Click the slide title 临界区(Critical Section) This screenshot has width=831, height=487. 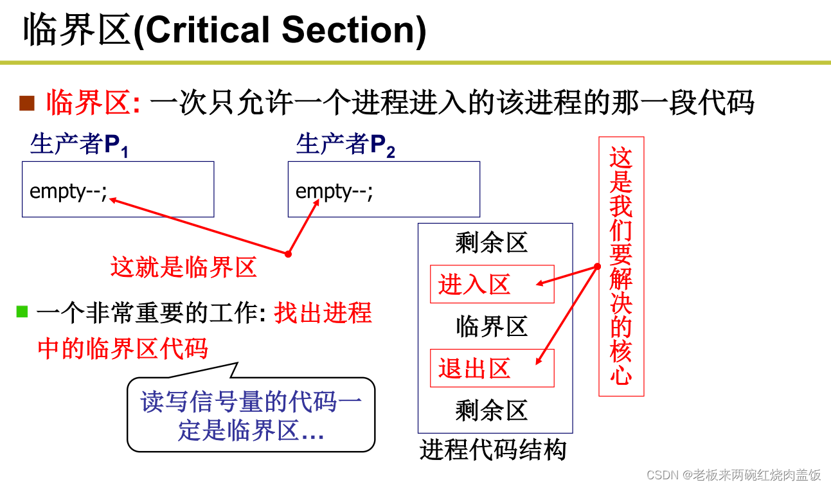pos(225,31)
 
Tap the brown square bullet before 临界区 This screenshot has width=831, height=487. pos(26,103)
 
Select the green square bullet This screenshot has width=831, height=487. pos(22,312)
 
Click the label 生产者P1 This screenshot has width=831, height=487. pos(79,145)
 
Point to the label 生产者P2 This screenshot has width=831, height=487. pos(345,145)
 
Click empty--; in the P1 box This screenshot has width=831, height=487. pos(68,191)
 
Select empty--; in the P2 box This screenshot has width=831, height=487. pos(334,191)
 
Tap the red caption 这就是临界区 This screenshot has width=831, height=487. pos(184,267)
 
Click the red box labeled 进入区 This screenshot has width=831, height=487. pos(492,284)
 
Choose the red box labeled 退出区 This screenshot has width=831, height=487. pos(492,368)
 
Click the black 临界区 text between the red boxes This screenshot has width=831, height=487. pos(492,326)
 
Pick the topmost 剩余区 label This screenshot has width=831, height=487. pos(492,243)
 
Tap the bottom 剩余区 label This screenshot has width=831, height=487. pos(492,410)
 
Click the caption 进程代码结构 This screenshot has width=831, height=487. pos(493,450)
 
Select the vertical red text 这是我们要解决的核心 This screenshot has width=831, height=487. pos(621,266)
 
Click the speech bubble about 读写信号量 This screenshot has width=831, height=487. pos(251,414)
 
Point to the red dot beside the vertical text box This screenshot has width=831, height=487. pos(597,266)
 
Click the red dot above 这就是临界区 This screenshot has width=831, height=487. pos(288,254)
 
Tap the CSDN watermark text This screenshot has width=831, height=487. pos(733,475)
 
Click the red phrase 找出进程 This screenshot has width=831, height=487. pos(323,313)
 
